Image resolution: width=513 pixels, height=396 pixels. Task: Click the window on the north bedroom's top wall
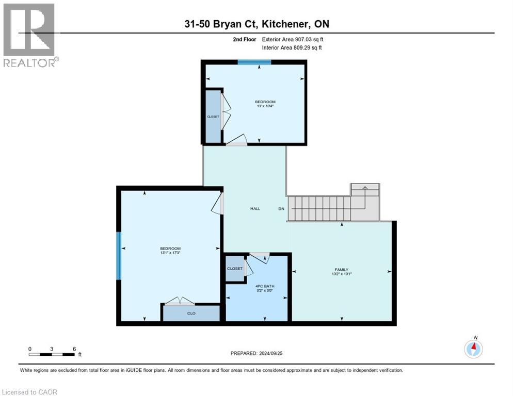(x=254, y=62)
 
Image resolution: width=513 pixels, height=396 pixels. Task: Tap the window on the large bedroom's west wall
(x=119, y=255)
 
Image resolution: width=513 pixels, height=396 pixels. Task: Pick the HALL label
(x=255, y=209)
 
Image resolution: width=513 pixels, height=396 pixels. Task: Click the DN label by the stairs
(x=281, y=209)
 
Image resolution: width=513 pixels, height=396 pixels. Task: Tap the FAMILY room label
(x=341, y=270)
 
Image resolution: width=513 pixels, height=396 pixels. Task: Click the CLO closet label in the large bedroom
(x=191, y=313)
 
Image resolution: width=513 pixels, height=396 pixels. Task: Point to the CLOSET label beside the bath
(x=235, y=269)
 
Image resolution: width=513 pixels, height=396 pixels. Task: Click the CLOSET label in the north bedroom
(x=213, y=117)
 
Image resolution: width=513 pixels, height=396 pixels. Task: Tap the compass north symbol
(x=473, y=348)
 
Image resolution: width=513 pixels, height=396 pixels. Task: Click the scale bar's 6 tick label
(x=74, y=349)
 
